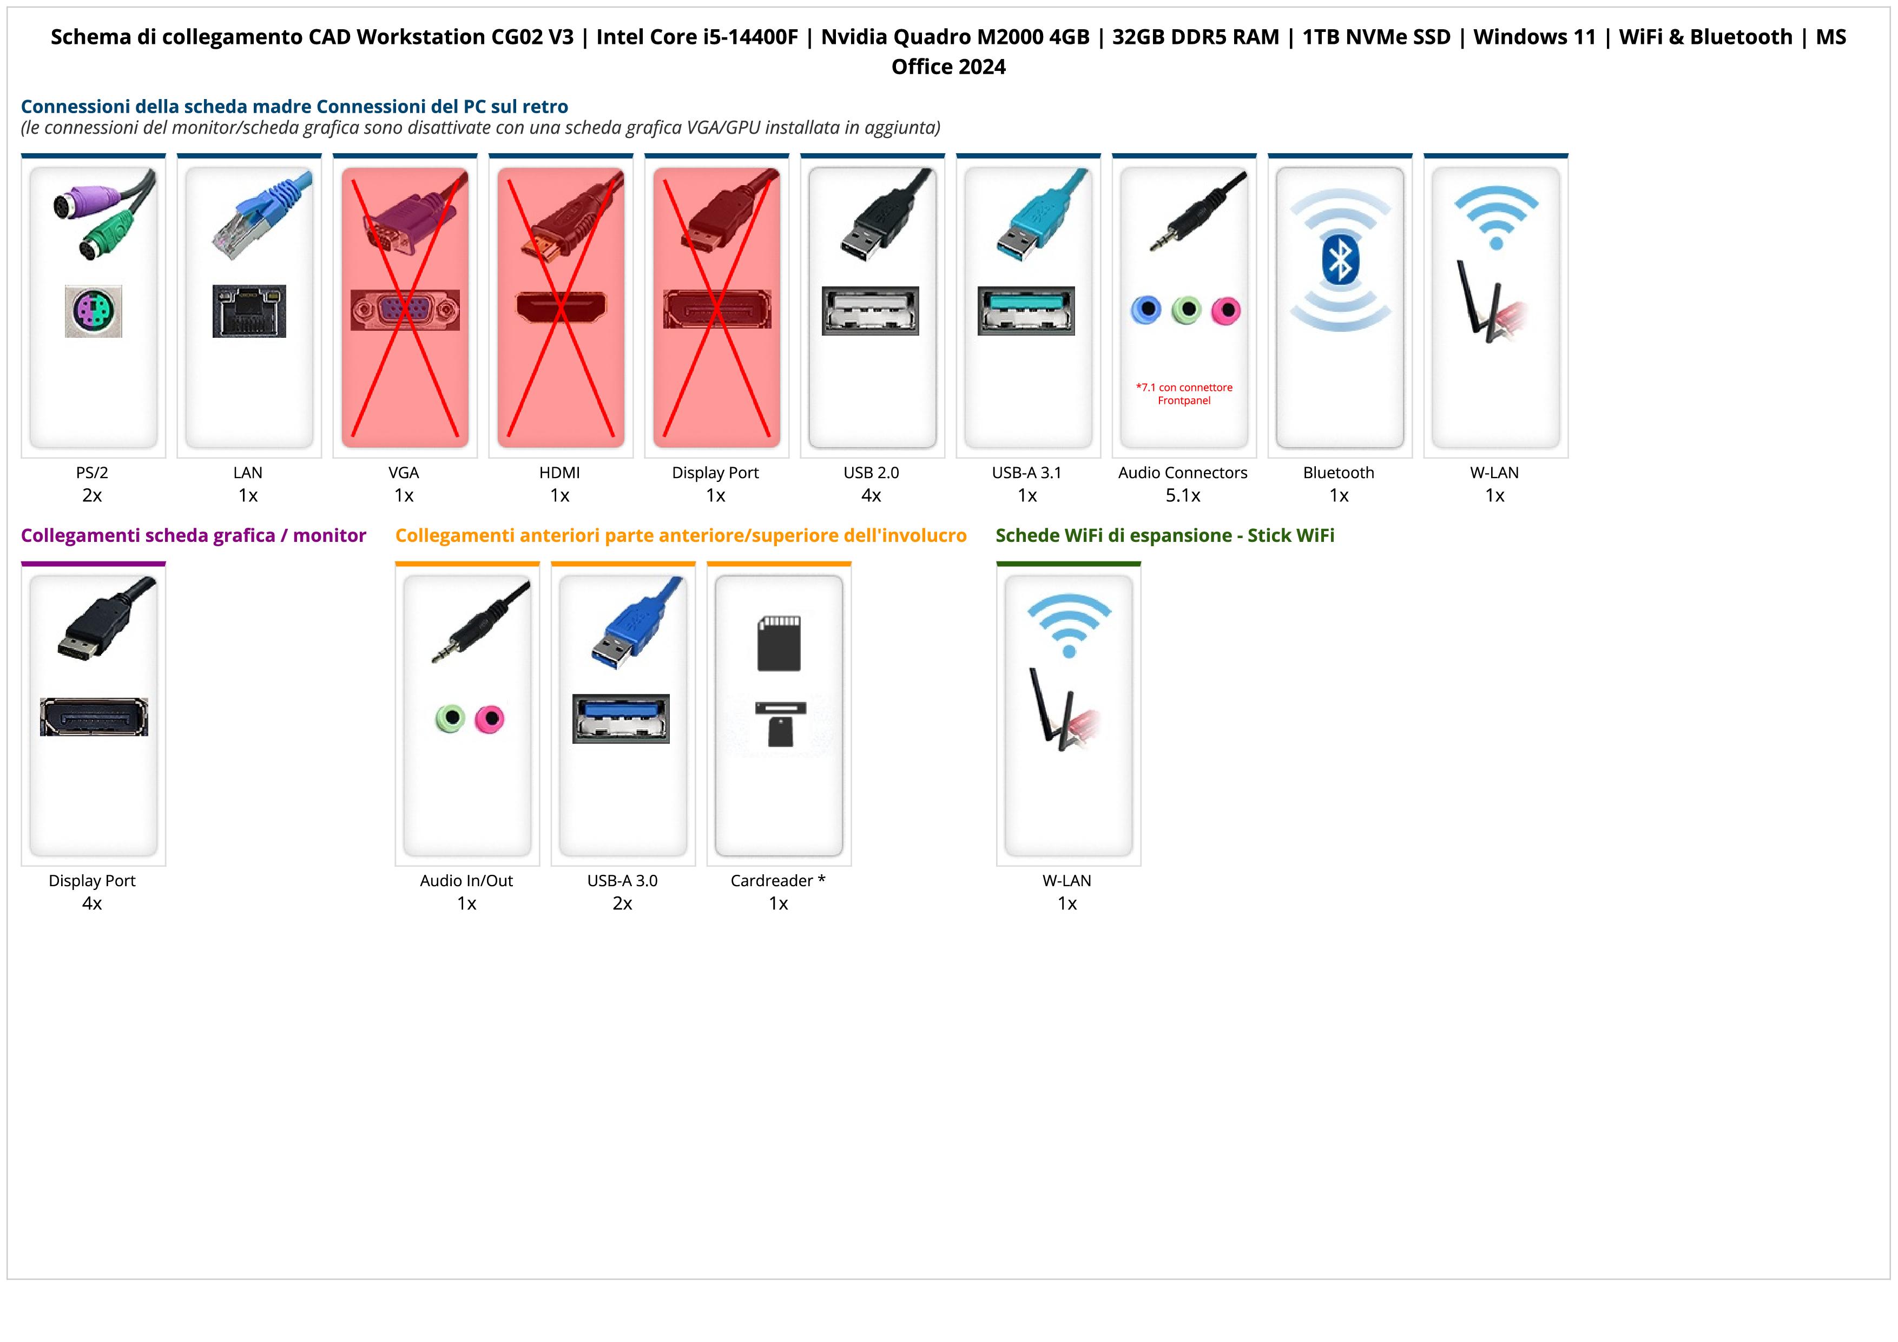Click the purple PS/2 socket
pos(94,311)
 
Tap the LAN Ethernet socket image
pos(249,311)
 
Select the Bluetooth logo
pos(1340,260)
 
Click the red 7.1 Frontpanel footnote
pos(1184,394)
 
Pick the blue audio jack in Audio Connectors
pos(1146,310)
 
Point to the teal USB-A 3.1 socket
pos(1027,311)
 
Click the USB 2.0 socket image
pos(871,311)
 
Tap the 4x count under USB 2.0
pos(871,495)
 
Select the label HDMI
pos(559,473)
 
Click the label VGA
pos(404,473)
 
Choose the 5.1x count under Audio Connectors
pos(1183,495)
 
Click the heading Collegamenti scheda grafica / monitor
pos(194,536)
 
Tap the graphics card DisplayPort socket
pos(94,717)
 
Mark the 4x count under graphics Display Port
pos(92,903)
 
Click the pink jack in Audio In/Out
pos(490,718)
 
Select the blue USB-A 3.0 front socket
pos(621,718)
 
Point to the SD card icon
pos(779,643)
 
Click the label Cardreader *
pos(778,881)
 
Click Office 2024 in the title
pos(948,67)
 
